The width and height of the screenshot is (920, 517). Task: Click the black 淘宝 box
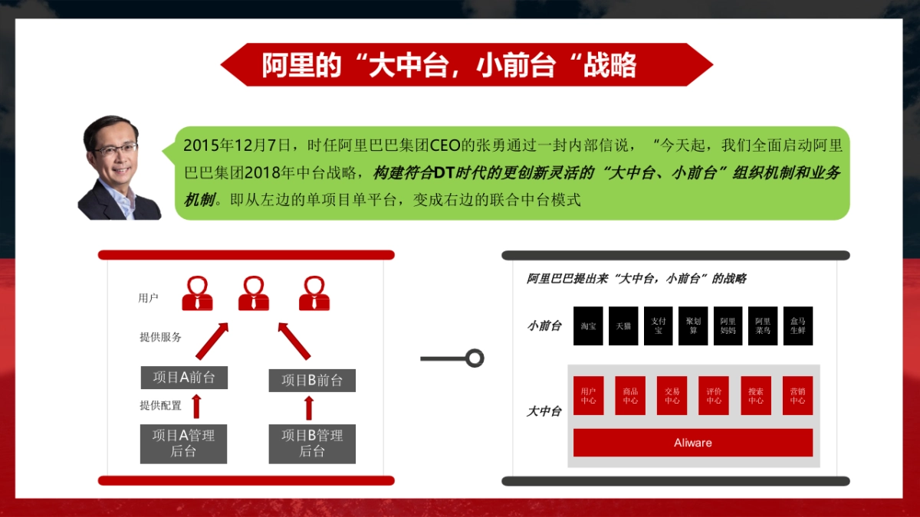click(x=589, y=326)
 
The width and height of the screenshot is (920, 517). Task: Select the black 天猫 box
click(x=623, y=326)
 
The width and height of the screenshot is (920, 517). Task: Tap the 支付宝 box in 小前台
click(x=658, y=326)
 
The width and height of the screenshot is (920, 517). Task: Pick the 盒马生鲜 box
click(x=797, y=326)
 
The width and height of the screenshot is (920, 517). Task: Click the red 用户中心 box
click(x=589, y=395)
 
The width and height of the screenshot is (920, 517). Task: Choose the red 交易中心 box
click(x=672, y=395)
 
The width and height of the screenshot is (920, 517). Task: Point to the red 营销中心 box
click(x=797, y=395)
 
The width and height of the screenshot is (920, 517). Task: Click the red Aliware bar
click(x=692, y=443)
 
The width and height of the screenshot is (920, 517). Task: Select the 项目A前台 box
click(x=184, y=378)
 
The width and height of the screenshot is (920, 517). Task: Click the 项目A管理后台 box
click(x=183, y=443)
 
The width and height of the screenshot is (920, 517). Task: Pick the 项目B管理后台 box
click(x=312, y=443)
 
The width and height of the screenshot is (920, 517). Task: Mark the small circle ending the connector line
click(x=475, y=358)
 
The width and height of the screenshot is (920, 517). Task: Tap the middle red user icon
click(x=254, y=293)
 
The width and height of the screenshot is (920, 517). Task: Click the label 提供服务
click(x=160, y=337)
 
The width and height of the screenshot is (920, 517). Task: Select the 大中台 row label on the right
click(x=544, y=411)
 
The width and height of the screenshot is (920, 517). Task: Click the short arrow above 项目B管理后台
click(x=309, y=407)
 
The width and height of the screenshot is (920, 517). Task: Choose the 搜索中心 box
click(x=756, y=395)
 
